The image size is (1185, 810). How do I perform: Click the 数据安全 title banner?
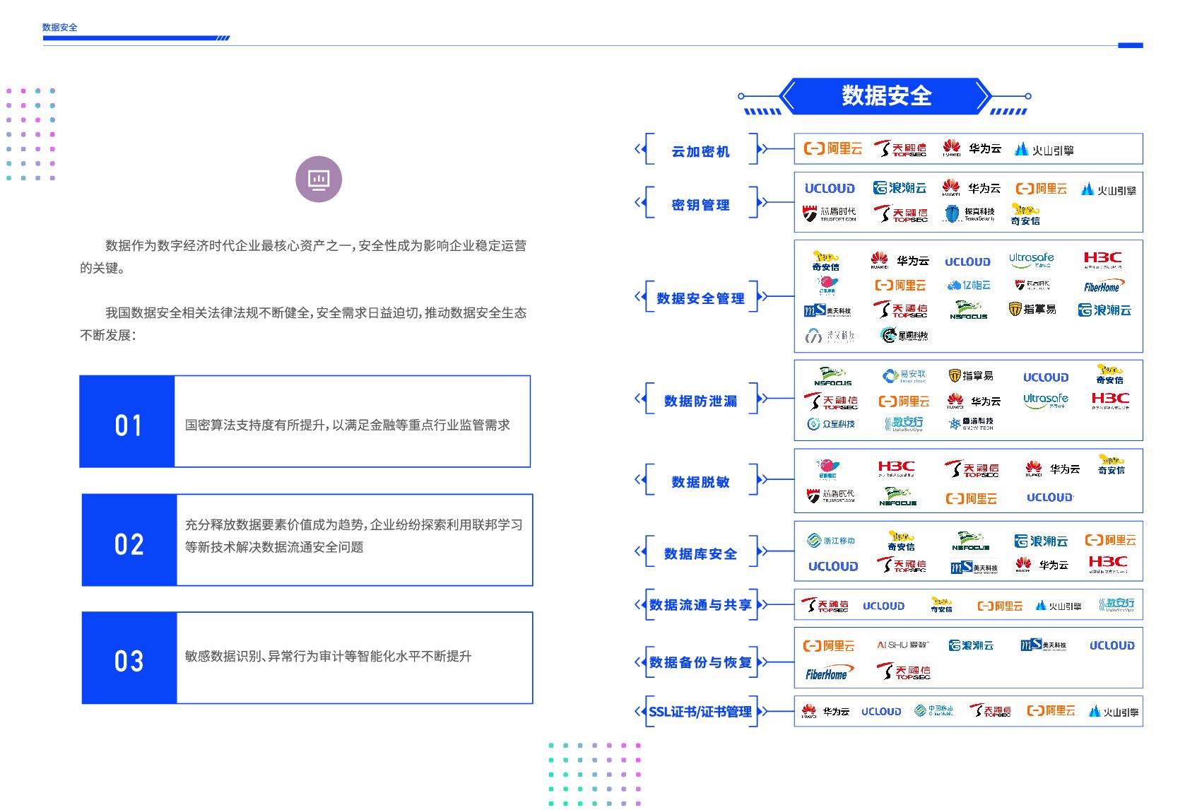885,95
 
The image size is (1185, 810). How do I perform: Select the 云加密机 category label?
700,151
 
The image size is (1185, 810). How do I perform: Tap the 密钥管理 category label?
700,205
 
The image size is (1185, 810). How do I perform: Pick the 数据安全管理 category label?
700,298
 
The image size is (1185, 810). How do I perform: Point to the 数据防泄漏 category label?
700,401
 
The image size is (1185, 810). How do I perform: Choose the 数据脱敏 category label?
700,482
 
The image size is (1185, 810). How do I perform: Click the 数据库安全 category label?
700,553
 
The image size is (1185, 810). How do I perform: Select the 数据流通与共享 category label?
700,605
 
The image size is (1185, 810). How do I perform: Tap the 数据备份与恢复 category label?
700,662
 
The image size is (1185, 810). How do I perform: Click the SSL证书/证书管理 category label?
700,712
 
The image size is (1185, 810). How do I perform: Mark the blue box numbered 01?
128,422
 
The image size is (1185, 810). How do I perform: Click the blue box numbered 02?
129,541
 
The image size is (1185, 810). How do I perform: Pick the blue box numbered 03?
129,658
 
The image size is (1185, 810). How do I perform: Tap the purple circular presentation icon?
319,179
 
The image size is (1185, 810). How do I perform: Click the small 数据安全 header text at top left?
60,28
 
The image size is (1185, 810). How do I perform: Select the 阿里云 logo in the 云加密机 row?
833,148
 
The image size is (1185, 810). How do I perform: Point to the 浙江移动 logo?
831,541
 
